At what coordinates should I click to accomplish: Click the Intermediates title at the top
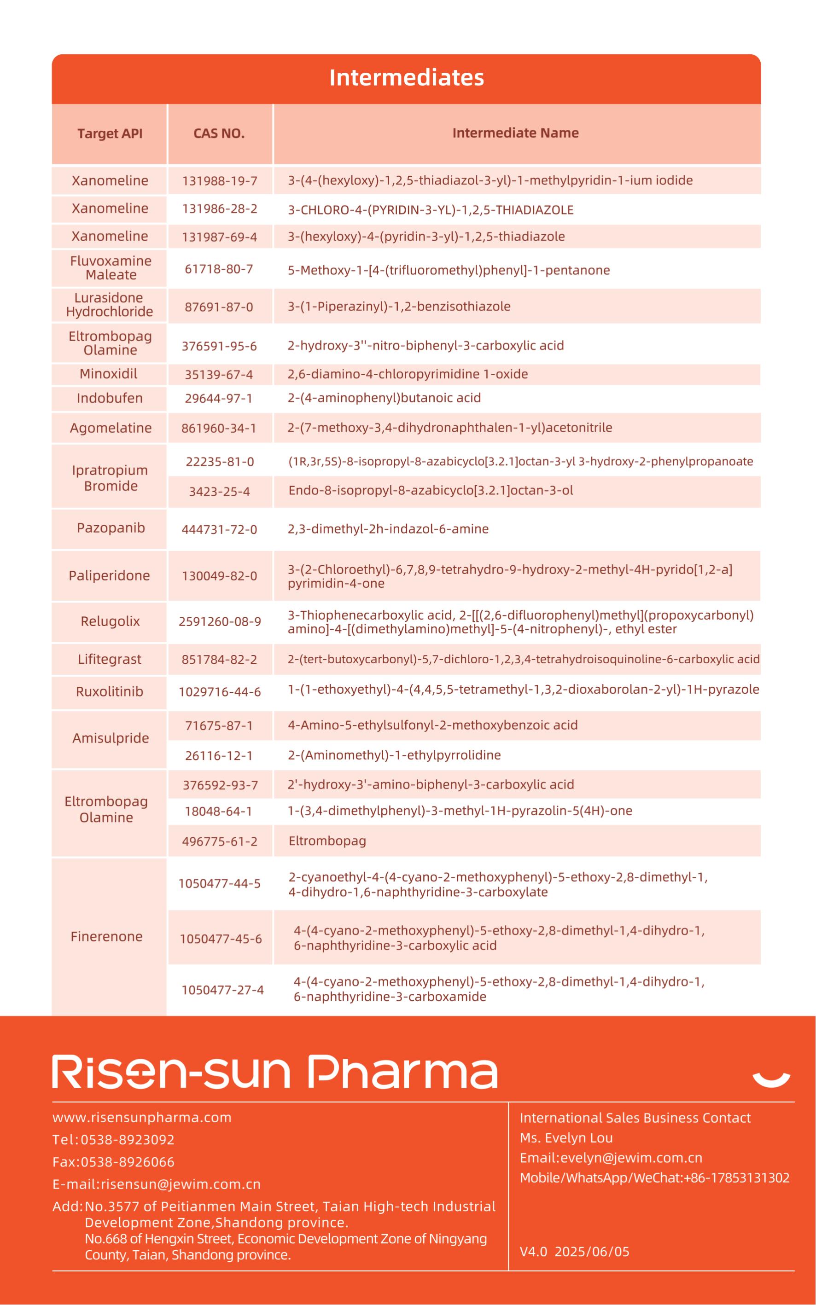tap(406, 78)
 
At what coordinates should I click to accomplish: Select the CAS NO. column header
tap(219, 134)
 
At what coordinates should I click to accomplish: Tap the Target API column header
tap(110, 134)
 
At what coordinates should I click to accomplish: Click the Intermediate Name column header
tap(515, 133)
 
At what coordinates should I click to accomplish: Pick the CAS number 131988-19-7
tap(220, 181)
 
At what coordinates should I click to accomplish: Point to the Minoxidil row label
tap(109, 374)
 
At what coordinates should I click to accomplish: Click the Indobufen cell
tap(110, 398)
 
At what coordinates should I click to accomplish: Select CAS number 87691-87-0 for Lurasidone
tap(219, 307)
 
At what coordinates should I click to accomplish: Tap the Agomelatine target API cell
tap(111, 428)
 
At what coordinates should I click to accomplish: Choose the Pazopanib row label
tap(111, 528)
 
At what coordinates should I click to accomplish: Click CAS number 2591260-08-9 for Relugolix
tap(220, 621)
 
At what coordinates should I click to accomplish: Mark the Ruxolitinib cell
tap(110, 691)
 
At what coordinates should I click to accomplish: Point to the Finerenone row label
tap(107, 937)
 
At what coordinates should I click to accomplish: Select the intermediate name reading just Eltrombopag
tap(327, 841)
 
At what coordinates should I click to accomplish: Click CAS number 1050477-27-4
tap(222, 990)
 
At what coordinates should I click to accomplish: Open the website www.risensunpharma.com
tap(142, 1117)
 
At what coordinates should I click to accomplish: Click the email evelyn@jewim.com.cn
tap(631, 1158)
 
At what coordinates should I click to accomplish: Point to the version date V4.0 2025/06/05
tap(574, 1252)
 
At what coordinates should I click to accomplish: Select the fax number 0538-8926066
tap(128, 1162)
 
